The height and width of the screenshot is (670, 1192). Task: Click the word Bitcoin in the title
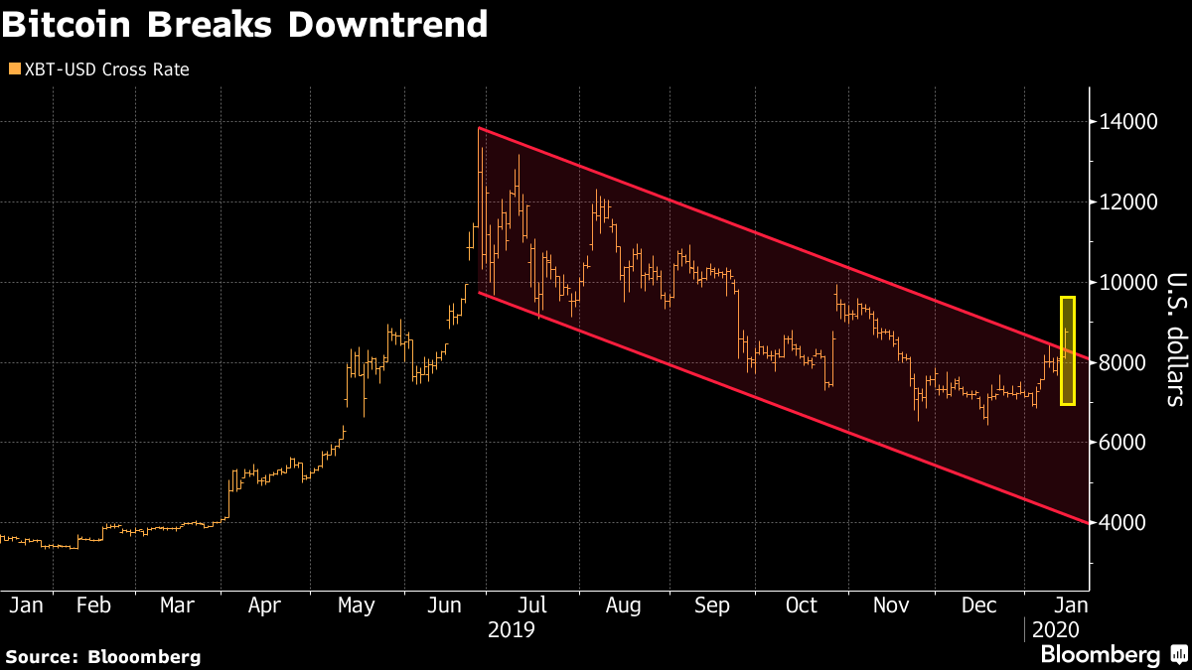(68, 24)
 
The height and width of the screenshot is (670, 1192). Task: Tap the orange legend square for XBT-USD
(13, 69)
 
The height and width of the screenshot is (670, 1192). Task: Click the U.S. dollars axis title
(1175, 339)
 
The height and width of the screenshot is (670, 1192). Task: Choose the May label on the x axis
(356, 604)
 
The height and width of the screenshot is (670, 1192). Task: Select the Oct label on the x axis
(801, 604)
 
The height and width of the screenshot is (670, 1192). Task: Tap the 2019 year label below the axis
(513, 629)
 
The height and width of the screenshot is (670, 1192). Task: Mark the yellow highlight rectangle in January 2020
(1068, 350)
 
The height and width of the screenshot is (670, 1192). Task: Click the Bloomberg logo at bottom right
(1100, 655)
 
